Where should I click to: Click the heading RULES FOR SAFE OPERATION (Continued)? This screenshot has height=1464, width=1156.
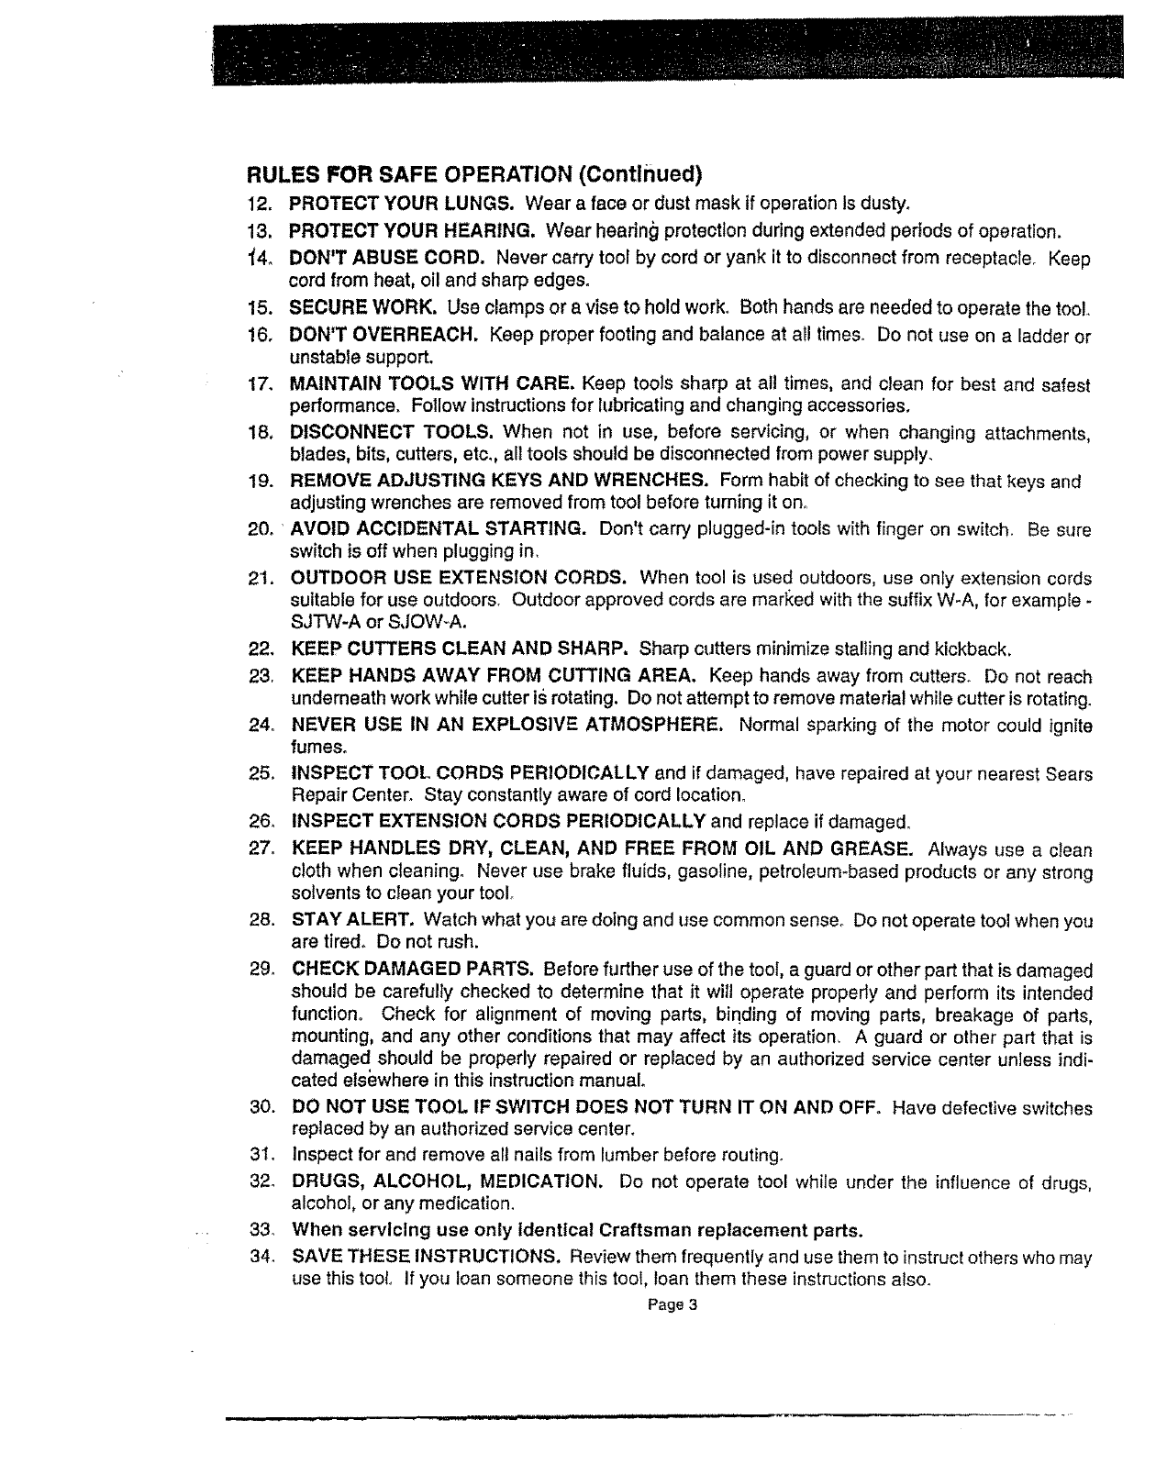pyautogui.click(x=473, y=175)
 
